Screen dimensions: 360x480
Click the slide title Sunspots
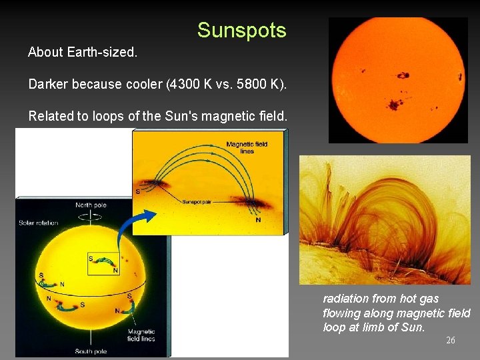coord(241,30)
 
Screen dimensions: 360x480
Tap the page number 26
coord(451,341)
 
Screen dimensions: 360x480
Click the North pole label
coord(91,205)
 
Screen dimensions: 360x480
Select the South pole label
coord(90,351)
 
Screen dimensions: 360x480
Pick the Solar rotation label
coord(39,223)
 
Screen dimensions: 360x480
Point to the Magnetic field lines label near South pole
coord(141,335)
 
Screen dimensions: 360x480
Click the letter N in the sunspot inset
coord(258,219)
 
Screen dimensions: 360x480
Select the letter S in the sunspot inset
coord(138,192)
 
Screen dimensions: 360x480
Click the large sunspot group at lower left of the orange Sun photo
coord(393,104)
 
